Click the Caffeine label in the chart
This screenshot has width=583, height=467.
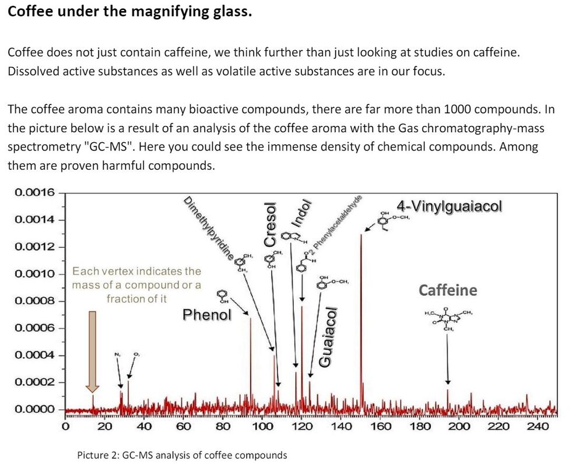448,290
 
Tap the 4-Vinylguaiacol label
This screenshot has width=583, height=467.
449,206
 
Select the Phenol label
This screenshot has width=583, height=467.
207,315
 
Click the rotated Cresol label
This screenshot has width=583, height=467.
269,224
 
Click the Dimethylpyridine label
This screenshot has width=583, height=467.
209,228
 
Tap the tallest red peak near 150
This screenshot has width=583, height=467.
361,292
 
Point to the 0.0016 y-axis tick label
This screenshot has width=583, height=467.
34,192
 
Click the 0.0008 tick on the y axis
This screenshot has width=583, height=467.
34,301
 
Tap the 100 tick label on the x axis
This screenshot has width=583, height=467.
262,426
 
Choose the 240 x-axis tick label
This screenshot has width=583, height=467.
538,426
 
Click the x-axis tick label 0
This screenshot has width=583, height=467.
66,426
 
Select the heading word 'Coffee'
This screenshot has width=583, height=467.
33,12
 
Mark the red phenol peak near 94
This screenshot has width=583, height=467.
250,361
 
